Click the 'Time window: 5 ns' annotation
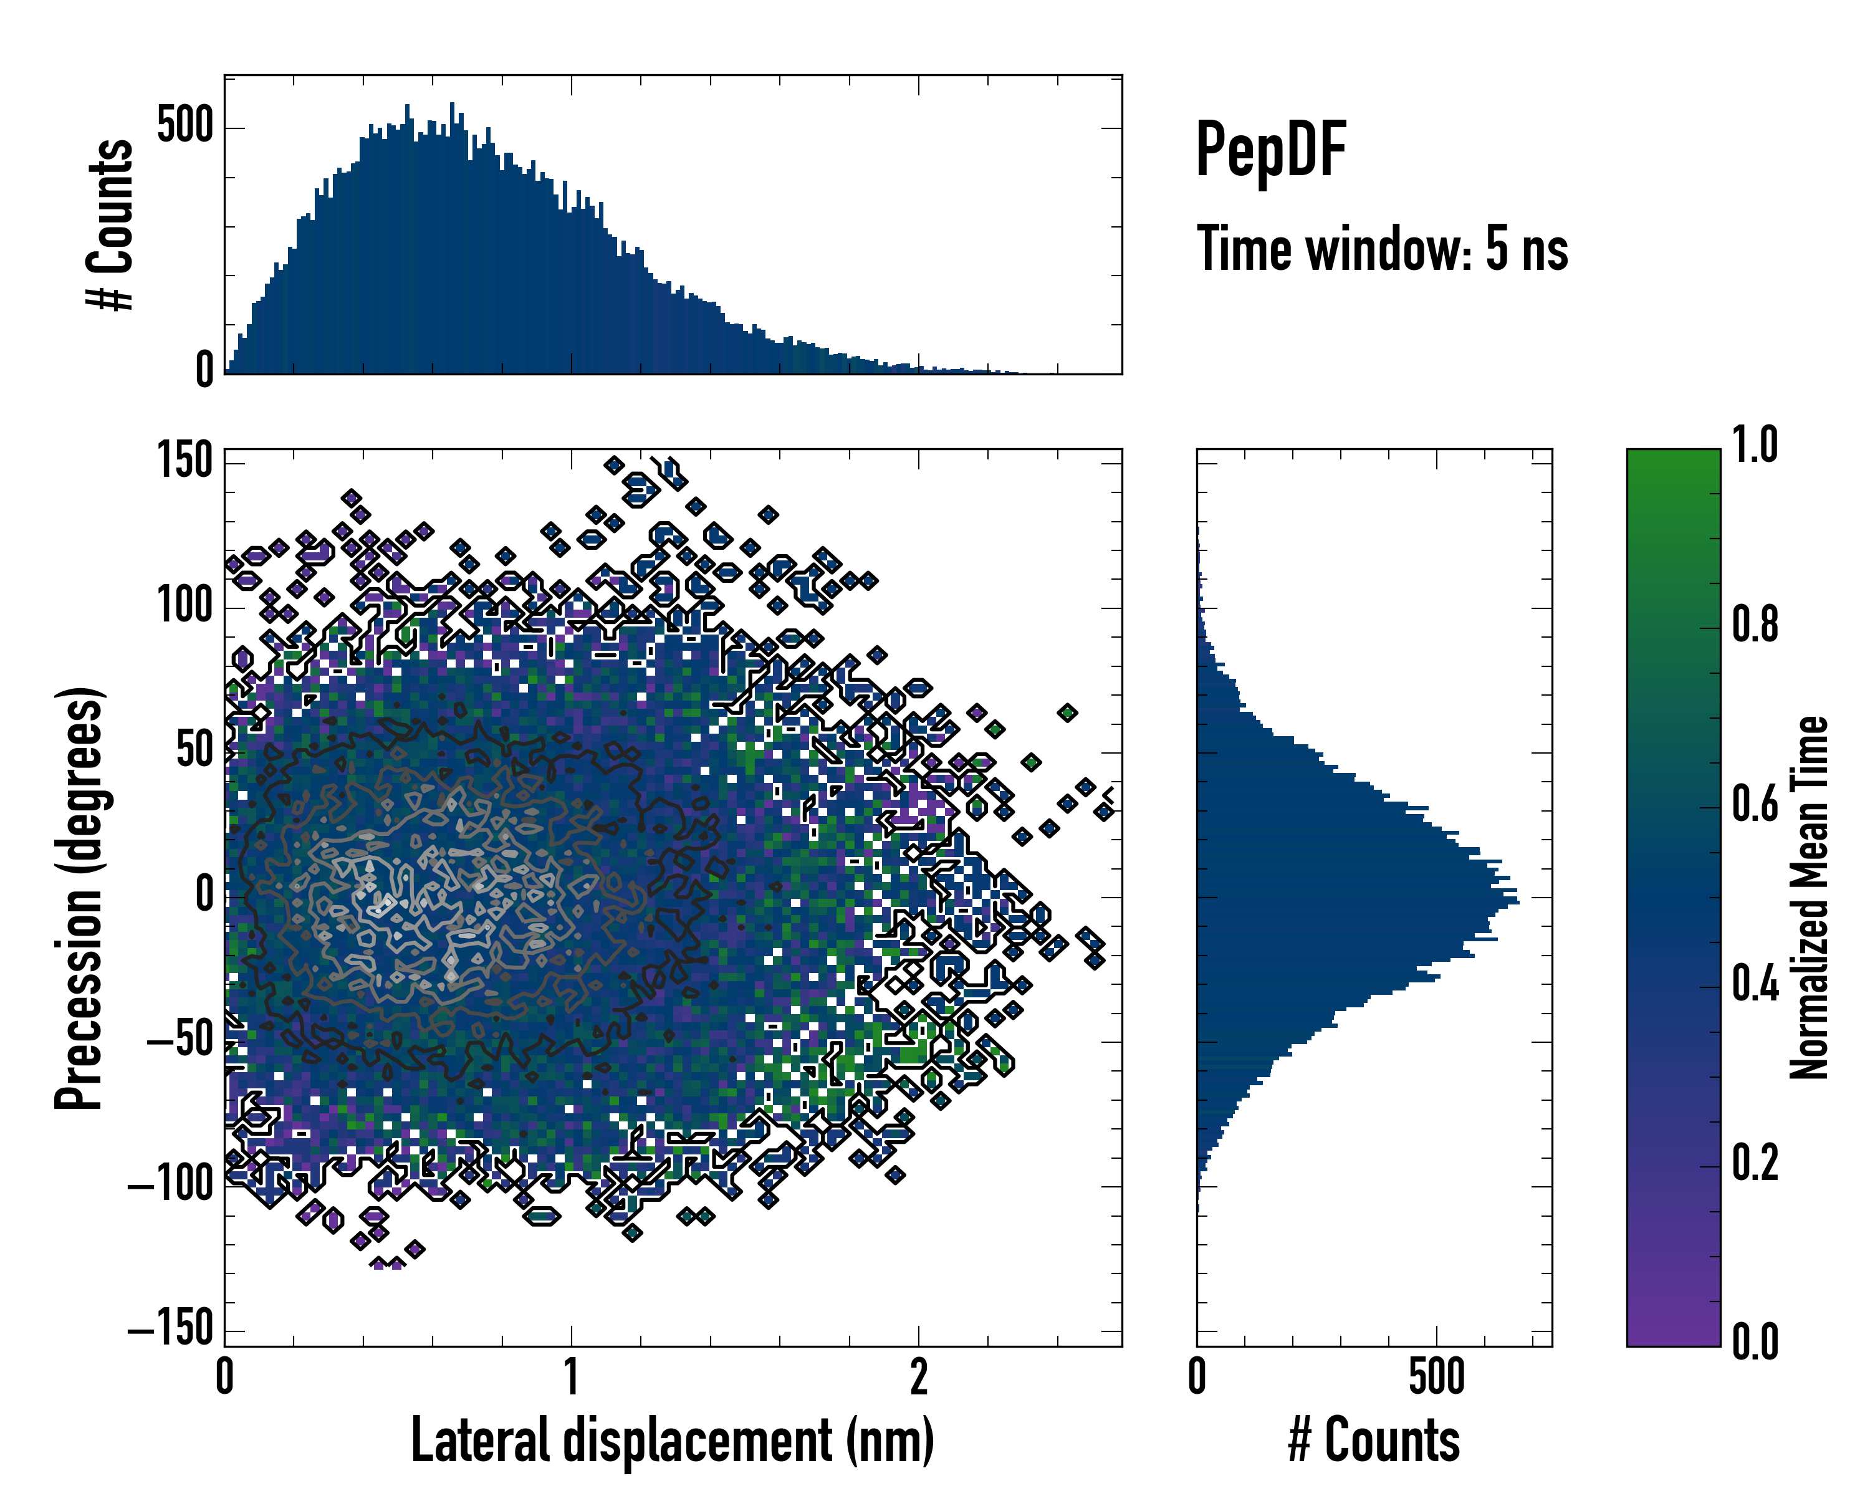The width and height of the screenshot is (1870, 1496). pyautogui.click(x=1382, y=249)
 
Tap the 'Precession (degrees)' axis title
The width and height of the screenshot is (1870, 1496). pyautogui.click(x=79, y=898)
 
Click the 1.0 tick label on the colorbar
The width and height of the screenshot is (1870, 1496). pyautogui.click(x=1755, y=446)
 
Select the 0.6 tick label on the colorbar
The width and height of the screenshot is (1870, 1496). pyautogui.click(x=1755, y=804)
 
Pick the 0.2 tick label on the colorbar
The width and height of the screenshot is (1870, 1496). pyautogui.click(x=1755, y=1163)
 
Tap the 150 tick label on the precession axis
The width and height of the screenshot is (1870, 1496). pyautogui.click(x=185, y=461)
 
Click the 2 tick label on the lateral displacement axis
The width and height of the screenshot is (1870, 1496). pyautogui.click(x=919, y=1377)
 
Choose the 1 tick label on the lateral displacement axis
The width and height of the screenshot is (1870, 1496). pyautogui.click(x=571, y=1377)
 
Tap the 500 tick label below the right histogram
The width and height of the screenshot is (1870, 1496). pyautogui.click(x=1436, y=1377)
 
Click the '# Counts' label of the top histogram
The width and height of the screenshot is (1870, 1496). pyautogui.click(x=110, y=224)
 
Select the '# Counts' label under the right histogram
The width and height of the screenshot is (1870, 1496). pyautogui.click(x=1374, y=1441)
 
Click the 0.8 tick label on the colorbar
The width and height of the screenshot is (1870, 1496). pyautogui.click(x=1755, y=625)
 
